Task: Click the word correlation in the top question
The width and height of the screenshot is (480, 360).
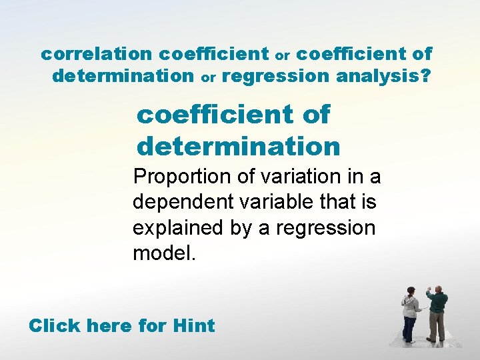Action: (97, 53)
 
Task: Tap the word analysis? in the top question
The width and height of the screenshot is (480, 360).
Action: (383, 77)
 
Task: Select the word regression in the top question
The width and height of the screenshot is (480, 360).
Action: (275, 77)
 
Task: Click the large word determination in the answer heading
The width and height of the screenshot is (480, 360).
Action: (238, 145)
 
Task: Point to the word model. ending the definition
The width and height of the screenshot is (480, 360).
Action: (165, 253)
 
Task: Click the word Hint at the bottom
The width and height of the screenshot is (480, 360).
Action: (193, 326)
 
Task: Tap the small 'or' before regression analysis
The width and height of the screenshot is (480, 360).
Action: (209, 78)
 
